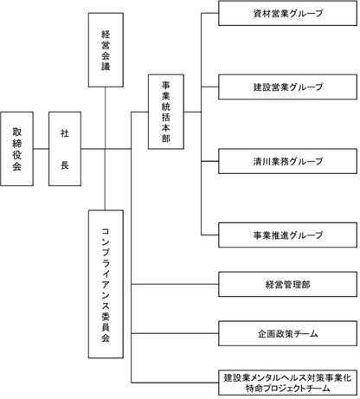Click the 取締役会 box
click(16, 149)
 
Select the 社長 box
click(65, 149)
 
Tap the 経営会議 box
click(106, 50)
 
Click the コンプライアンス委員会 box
click(106, 284)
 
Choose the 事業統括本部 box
click(166, 112)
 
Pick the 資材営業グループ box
click(287, 13)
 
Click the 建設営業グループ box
click(287, 87)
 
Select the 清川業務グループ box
click(287, 161)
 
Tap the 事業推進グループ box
click(287, 235)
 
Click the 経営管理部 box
click(287, 284)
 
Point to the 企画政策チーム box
click(287, 333)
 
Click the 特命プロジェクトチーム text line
click(287, 389)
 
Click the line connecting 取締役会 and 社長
click(41, 149)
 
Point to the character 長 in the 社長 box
click(65, 165)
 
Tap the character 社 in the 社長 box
click(65, 133)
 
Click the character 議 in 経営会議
click(106, 67)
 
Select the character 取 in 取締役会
click(16, 132)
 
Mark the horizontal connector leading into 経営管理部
click(175, 284)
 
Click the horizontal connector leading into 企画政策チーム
click(175, 333)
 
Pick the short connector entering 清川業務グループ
click(209, 161)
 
